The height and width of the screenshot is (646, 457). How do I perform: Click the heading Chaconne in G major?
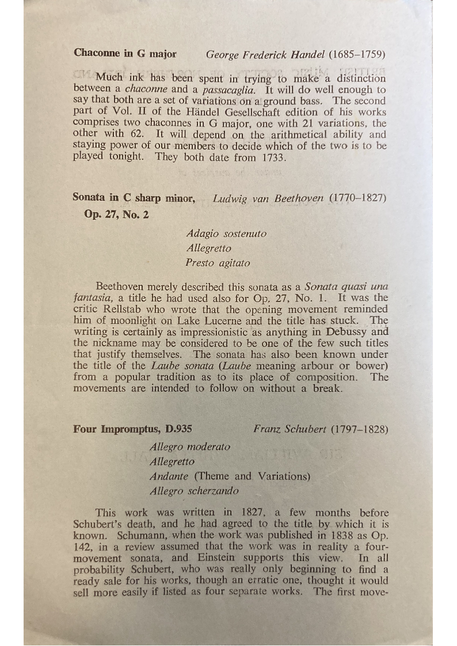125,53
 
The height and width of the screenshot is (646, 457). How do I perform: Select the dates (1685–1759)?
357,55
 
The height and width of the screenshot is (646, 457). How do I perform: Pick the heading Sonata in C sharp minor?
134,198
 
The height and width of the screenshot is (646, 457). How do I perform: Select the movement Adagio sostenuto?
226,234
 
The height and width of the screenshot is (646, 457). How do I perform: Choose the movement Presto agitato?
218,263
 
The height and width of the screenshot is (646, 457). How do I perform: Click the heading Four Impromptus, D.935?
132,429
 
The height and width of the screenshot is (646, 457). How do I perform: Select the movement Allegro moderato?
189,446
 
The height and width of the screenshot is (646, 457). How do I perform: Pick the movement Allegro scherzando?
193,491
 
